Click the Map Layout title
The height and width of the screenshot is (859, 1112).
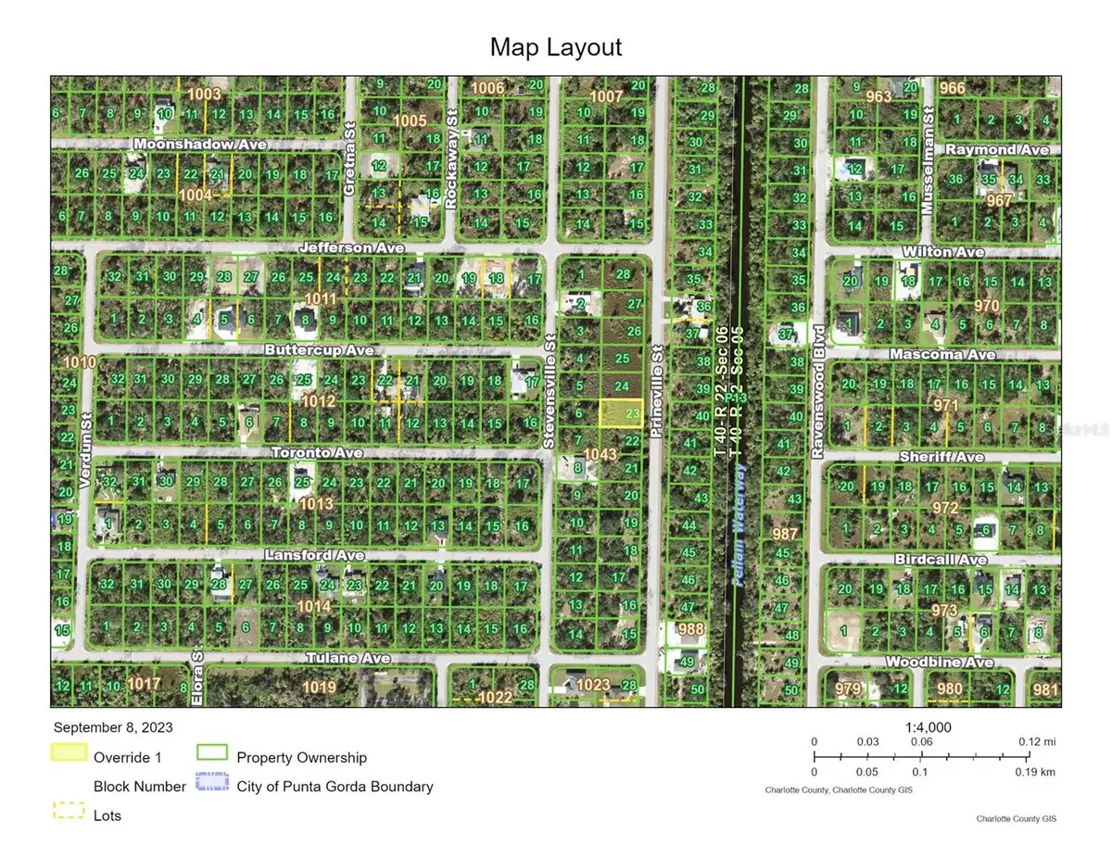(x=556, y=47)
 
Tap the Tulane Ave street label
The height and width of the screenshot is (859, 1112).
(x=348, y=658)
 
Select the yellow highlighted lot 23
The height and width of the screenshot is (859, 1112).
(x=621, y=412)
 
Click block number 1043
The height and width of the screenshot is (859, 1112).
(x=600, y=454)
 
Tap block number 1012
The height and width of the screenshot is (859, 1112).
(x=318, y=400)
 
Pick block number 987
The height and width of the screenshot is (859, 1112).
(x=785, y=534)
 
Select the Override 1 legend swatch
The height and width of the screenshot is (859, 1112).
(x=69, y=755)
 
